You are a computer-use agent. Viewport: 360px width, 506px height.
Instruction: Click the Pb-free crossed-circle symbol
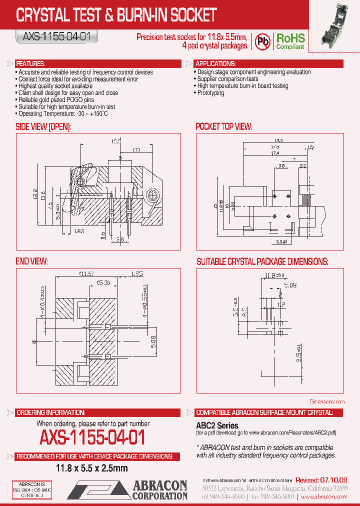[x=262, y=41]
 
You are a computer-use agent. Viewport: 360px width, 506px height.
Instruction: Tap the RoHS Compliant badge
[x=290, y=41]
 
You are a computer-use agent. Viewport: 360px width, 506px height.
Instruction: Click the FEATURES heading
[x=31, y=64]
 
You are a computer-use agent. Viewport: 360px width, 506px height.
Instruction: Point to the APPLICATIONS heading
[x=215, y=64]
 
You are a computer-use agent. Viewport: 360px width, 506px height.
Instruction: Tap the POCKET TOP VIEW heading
[x=224, y=126]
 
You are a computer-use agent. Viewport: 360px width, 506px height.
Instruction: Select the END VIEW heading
[x=32, y=261]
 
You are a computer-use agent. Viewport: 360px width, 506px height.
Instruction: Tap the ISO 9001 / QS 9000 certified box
[x=31, y=489]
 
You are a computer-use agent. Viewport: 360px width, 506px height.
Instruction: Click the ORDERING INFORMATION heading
[x=50, y=412]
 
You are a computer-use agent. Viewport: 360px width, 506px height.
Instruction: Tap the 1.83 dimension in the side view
[x=78, y=230]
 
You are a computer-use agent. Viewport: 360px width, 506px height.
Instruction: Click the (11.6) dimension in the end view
[x=86, y=273]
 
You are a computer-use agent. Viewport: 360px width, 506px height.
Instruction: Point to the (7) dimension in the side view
[x=136, y=149]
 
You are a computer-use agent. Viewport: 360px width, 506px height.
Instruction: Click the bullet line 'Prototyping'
[x=211, y=93]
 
